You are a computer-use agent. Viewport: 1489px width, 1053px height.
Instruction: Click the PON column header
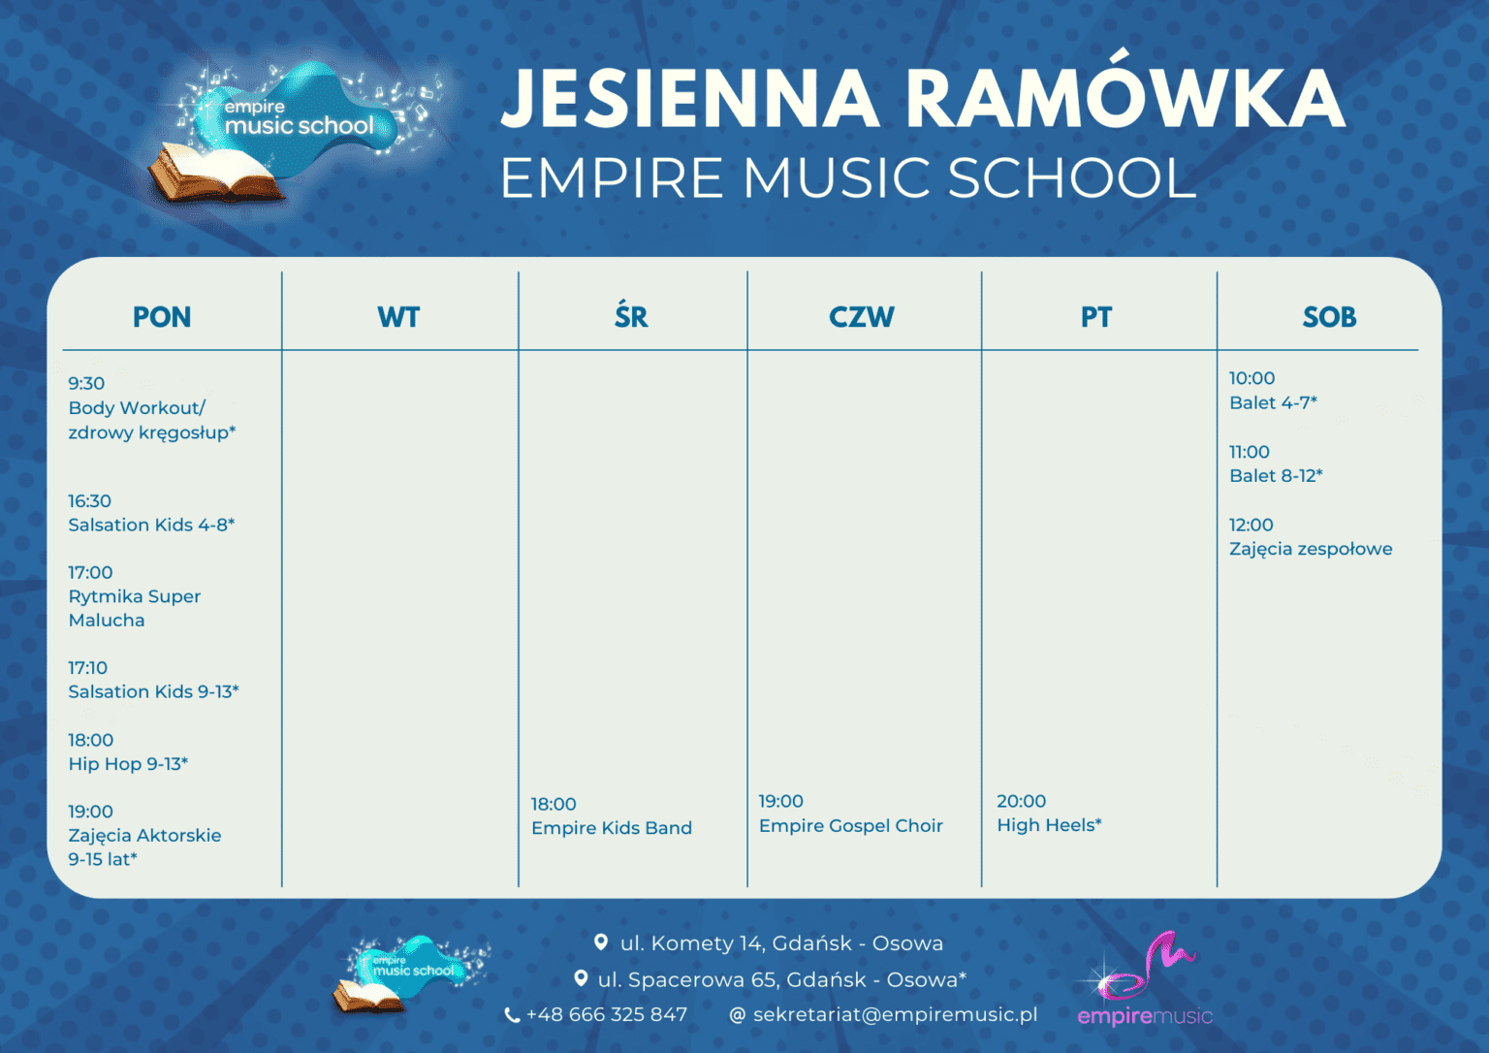(x=162, y=317)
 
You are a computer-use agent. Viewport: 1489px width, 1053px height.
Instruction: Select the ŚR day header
(x=631, y=316)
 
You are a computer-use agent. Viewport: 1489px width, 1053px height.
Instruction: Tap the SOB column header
(x=1329, y=317)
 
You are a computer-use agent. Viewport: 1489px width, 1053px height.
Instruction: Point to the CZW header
(x=862, y=317)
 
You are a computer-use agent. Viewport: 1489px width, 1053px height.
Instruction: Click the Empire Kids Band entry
(x=612, y=828)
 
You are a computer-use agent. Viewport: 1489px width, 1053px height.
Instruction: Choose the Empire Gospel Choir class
(x=850, y=826)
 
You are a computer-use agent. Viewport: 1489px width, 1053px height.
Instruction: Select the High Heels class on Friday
(x=1049, y=825)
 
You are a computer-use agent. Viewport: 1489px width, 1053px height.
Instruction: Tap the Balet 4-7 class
(x=1273, y=402)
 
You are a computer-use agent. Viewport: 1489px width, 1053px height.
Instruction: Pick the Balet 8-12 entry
(x=1276, y=476)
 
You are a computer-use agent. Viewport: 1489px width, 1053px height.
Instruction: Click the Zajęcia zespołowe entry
(x=1311, y=549)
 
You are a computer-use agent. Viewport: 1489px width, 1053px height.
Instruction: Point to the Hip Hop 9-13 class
(x=128, y=764)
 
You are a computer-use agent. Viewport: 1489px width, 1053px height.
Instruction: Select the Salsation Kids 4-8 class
(x=151, y=525)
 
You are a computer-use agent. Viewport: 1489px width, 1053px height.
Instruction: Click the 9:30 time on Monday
(x=86, y=383)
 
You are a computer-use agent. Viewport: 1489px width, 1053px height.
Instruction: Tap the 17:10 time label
(x=87, y=668)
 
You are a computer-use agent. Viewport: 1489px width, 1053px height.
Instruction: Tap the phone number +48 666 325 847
(x=606, y=1015)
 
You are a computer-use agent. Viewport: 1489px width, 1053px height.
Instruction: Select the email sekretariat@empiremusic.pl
(x=895, y=1015)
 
